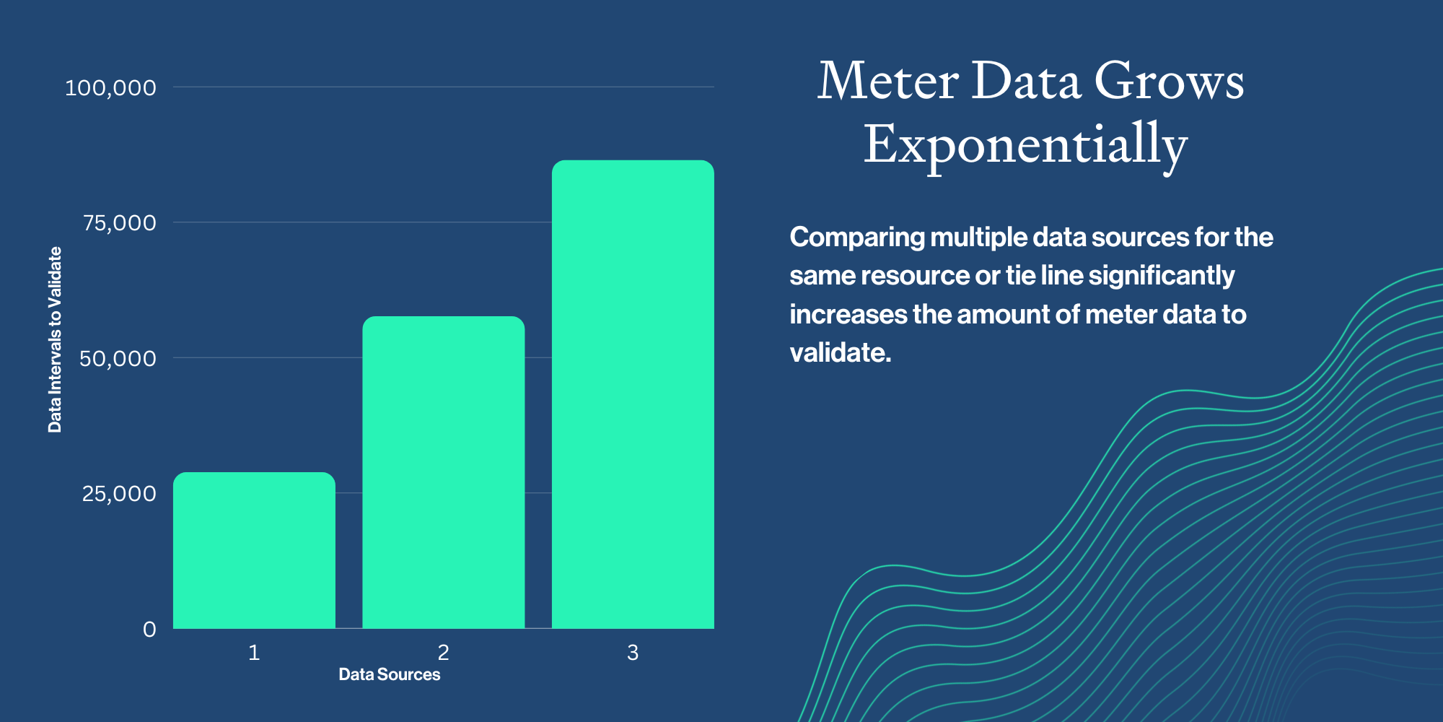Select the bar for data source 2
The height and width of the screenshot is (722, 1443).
(x=443, y=472)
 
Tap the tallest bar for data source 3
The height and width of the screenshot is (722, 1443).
(x=633, y=394)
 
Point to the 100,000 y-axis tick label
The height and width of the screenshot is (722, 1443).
(x=110, y=88)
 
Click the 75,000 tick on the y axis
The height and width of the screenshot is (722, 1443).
(x=119, y=223)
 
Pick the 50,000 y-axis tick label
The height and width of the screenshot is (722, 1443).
(x=118, y=359)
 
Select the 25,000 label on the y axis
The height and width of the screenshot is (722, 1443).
(x=119, y=494)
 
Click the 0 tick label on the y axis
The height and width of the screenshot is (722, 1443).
(x=149, y=630)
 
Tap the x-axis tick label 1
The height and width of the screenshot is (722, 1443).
(x=254, y=653)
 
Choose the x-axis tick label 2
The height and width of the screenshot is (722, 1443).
(x=443, y=653)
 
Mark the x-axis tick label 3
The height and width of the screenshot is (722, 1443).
(x=633, y=653)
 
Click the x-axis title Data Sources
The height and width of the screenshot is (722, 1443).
(x=390, y=674)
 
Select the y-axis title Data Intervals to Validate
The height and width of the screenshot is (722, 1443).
(x=55, y=339)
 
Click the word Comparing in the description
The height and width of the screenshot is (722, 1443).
(x=857, y=238)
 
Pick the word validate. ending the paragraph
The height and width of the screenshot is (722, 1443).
(x=841, y=353)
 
